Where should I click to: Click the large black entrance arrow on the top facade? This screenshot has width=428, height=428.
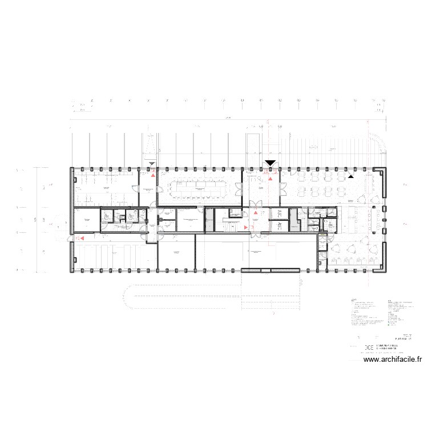pyautogui.click(x=269, y=164)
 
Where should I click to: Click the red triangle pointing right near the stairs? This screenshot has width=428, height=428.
pyautogui.click(x=246, y=227)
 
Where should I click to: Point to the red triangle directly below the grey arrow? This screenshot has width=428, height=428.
pyautogui.click(x=153, y=176)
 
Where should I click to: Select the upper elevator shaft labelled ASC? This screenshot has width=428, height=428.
pyautogui.click(x=280, y=213)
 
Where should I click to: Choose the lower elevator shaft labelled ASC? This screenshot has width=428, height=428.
pyautogui.click(x=280, y=226)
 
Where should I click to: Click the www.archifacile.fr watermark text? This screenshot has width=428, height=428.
pyautogui.click(x=393, y=360)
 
